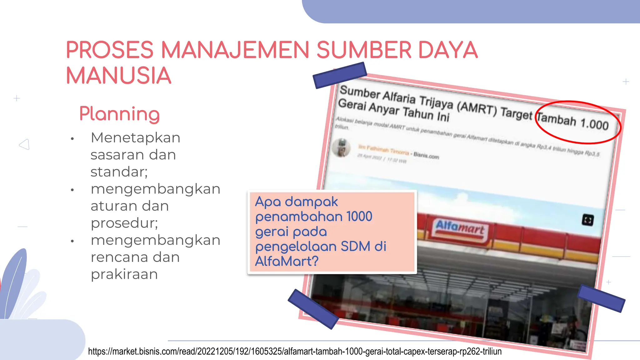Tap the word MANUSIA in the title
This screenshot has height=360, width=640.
119,76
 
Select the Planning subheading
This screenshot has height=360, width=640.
119,114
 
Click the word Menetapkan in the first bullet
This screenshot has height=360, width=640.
135,138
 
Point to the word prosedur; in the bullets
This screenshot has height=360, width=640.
124,223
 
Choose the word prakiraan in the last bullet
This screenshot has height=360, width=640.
124,274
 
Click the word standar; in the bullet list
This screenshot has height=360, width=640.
119,172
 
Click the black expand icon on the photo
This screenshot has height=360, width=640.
587,220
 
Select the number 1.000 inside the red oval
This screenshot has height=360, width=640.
594,124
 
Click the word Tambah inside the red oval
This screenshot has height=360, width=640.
557,120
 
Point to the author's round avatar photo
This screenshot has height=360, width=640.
342,148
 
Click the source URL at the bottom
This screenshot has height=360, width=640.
295,352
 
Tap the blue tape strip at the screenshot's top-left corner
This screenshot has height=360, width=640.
340,75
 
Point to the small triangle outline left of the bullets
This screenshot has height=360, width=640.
25,144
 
